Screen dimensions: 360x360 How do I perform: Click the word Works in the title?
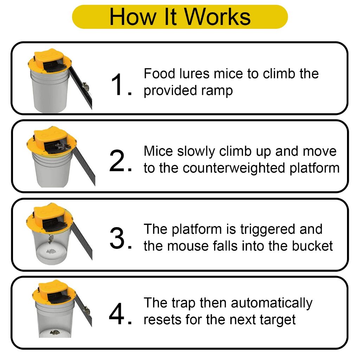pos(218,17)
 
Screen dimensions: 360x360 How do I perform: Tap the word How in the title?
pos(133,17)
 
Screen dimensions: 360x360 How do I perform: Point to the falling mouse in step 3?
pos(51,239)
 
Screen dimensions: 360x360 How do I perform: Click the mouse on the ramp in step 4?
pos(86,310)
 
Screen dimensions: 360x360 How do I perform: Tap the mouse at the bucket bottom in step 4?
pos(55,332)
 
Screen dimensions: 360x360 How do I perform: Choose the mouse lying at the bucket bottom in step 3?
pos(51,252)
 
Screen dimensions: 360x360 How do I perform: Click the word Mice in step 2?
pos(159,151)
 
